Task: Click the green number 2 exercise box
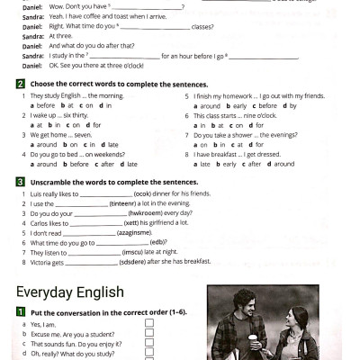[x=20, y=84]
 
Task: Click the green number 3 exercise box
[x=20, y=182]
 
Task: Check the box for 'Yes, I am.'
[x=149, y=323]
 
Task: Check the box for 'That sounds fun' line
[x=149, y=343]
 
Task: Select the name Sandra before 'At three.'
[x=32, y=36]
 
